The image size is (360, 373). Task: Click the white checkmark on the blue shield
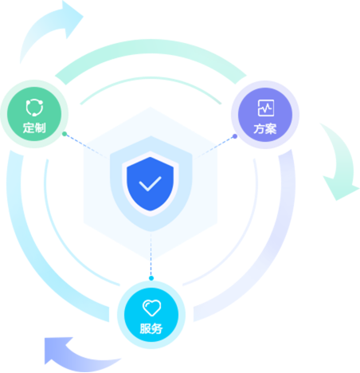point(150,183)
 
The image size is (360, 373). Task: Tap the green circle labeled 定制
point(34,114)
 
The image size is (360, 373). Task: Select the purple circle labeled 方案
point(265,115)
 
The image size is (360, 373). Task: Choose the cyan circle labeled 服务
point(151,315)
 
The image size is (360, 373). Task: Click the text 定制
point(34,128)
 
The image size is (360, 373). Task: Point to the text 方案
point(265,129)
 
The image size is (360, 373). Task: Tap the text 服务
point(151,328)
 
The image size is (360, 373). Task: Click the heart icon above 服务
point(152,308)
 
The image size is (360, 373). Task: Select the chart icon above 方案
point(266,108)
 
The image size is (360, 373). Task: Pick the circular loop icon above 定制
point(34,108)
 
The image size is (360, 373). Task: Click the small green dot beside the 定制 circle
point(65,134)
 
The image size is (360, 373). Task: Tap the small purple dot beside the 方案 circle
point(235,136)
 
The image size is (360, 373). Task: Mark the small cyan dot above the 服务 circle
point(151,278)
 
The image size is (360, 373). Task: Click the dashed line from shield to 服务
point(151,254)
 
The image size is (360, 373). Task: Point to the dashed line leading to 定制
point(86,146)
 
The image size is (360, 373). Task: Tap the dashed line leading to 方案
point(215,147)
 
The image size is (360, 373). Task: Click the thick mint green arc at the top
point(151,45)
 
